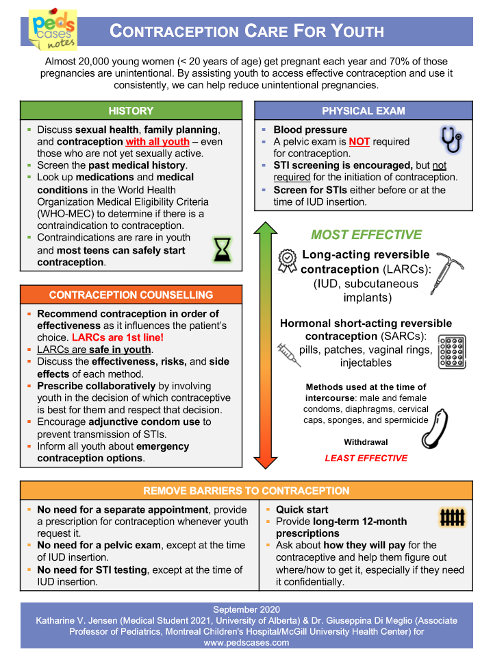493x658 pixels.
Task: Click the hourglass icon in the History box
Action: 222,251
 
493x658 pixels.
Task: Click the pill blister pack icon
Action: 451,352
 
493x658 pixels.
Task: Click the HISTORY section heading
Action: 131,110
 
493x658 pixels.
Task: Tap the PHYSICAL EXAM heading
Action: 363,110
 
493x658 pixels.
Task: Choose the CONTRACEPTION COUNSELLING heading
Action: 131,295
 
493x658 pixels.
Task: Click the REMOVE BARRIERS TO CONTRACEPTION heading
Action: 246,491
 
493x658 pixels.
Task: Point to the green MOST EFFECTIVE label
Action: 366,235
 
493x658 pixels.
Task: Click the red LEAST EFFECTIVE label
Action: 366,458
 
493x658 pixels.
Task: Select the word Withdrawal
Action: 366,442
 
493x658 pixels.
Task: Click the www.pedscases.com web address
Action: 246,643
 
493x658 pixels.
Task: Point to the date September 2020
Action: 246,609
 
